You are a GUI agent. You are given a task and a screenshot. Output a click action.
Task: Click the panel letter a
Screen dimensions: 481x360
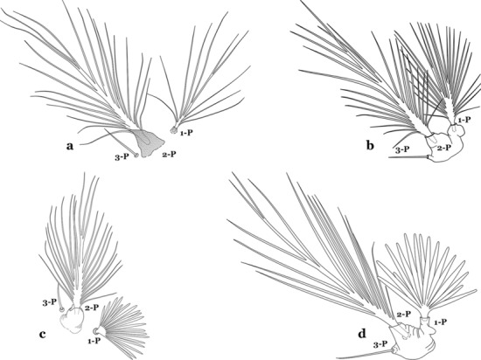click(x=70, y=146)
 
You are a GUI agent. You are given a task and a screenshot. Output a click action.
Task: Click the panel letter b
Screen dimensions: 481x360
click(x=370, y=145)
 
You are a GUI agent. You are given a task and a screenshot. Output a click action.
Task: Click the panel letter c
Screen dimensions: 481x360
click(x=43, y=334)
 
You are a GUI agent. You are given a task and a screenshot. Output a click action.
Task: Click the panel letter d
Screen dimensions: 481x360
click(x=362, y=333)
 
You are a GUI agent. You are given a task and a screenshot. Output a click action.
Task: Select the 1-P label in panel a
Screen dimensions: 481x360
click(x=187, y=133)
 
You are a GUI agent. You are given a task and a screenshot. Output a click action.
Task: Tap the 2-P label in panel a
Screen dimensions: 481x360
click(x=170, y=154)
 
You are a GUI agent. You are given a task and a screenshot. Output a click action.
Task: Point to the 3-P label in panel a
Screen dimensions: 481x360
click(x=122, y=156)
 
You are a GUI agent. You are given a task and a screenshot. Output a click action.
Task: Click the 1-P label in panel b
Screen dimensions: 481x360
click(x=464, y=120)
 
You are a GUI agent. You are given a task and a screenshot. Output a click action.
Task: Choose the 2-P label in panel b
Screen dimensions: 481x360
click(x=444, y=148)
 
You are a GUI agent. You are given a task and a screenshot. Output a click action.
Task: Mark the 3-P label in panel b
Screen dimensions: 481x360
click(x=402, y=149)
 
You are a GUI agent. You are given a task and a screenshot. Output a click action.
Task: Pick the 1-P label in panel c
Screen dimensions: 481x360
click(x=94, y=341)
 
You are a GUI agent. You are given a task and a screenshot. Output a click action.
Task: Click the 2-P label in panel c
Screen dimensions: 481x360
click(x=92, y=308)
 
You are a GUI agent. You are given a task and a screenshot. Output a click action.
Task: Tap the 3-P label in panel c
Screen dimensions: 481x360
click(x=49, y=302)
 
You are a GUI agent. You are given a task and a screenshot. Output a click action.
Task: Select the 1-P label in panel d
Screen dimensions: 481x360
click(x=440, y=322)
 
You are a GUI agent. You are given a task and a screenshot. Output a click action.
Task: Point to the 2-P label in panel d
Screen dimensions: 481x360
click(x=404, y=314)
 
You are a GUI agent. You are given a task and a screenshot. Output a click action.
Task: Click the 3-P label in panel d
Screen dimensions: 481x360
click(x=380, y=344)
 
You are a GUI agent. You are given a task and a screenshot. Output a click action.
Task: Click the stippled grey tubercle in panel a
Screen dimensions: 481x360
click(x=149, y=142)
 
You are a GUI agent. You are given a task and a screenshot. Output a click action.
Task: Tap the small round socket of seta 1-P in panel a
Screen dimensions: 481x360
click(x=174, y=130)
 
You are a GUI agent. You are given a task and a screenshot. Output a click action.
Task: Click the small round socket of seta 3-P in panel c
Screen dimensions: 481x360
click(x=62, y=309)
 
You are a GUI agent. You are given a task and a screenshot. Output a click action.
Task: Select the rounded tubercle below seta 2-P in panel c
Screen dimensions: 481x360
click(x=72, y=320)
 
